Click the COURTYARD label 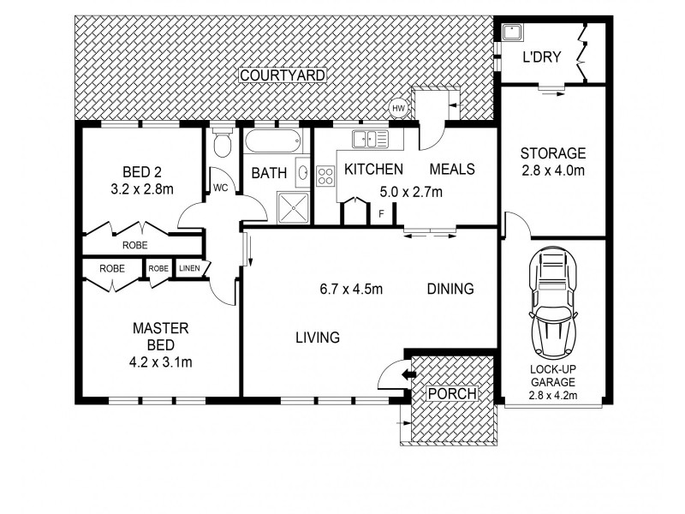tap(283, 75)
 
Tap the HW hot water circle tap(398, 108)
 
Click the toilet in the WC tap(223, 142)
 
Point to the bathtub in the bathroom tap(272, 141)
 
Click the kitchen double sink tap(370, 140)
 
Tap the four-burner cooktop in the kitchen tap(325, 176)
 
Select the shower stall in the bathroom tap(293, 208)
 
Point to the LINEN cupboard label tap(189, 268)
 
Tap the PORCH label tap(452, 393)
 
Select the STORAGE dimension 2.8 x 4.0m tap(553, 170)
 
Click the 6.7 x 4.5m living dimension tap(351, 289)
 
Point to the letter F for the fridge tap(381, 214)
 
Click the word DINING tap(450, 289)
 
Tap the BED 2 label tap(142, 172)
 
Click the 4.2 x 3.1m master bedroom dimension tap(161, 362)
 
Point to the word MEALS tap(452, 169)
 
